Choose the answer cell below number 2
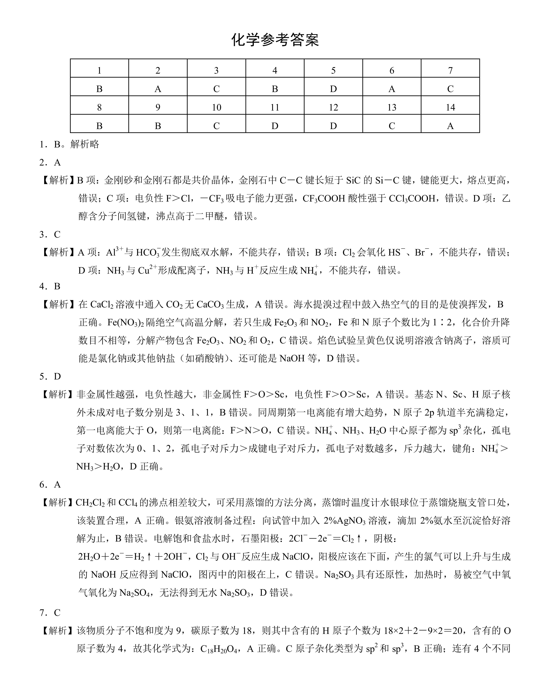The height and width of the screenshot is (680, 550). point(158,89)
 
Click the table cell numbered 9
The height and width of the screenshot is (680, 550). point(158,107)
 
